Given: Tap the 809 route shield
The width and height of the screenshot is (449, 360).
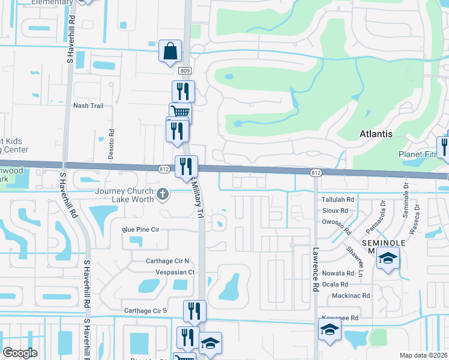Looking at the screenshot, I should (x=185, y=71).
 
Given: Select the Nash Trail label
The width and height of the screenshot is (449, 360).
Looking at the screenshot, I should (x=88, y=106).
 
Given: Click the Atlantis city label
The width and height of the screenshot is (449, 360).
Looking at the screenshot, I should (x=376, y=134).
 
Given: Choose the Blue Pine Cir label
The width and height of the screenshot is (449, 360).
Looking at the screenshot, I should (x=140, y=229).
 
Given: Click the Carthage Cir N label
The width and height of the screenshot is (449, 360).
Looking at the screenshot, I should (x=167, y=261).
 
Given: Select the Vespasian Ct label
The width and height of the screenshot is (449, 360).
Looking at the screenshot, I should (x=175, y=272).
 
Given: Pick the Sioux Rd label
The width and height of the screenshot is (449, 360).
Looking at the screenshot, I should (x=335, y=211).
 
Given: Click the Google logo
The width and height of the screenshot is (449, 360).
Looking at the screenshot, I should (x=20, y=353).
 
